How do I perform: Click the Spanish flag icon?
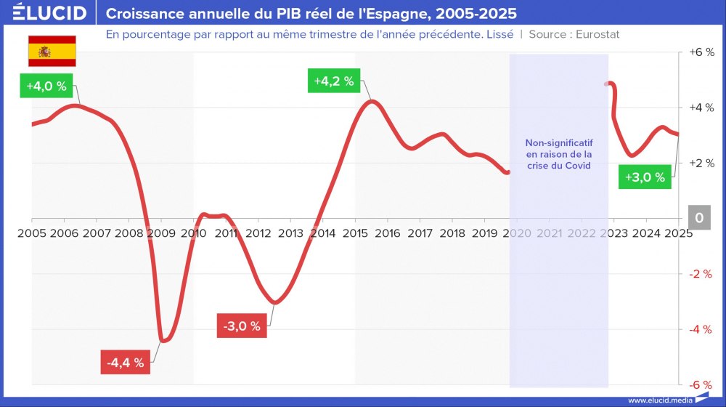52,51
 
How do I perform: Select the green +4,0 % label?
46,86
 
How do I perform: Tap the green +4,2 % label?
334,81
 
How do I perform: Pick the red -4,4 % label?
125,361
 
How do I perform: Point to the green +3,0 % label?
645,177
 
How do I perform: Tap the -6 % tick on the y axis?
700,384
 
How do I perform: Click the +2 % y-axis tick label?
700,163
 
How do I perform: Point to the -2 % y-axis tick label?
700,274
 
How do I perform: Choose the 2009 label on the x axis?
160,233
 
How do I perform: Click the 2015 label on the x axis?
354,233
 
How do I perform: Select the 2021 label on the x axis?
549,233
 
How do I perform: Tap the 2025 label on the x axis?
677,233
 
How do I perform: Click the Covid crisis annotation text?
558,154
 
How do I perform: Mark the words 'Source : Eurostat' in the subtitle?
574,34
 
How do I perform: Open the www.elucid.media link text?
660,400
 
